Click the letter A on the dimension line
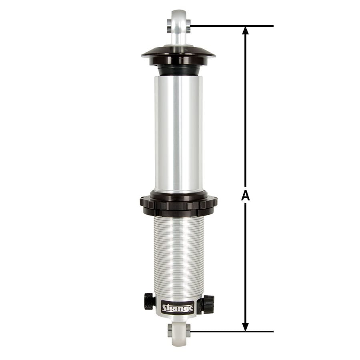click(245, 196)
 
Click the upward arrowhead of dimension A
click(245, 31)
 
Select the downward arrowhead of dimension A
click(245, 326)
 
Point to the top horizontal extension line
click(232, 26)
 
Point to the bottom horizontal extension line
click(232, 332)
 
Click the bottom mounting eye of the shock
click(179, 332)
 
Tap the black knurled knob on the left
click(149, 301)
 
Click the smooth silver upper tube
click(178, 132)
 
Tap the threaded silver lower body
click(178, 256)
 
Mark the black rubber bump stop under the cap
click(178, 71)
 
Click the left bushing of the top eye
click(170, 26)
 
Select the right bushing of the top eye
click(188, 26)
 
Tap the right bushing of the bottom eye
click(188, 331)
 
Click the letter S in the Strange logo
click(164, 308)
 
